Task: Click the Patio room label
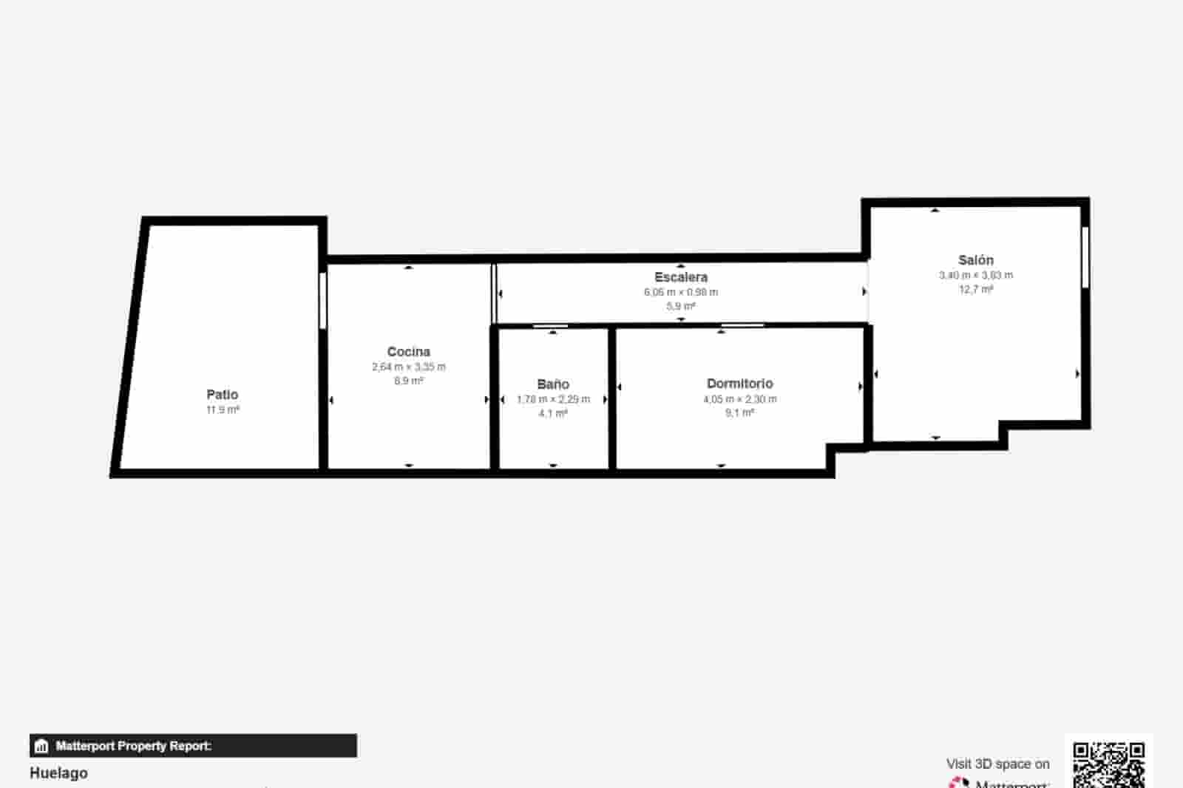[x=222, y=395]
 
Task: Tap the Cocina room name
[x=408, y=352]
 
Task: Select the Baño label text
[x=553, y=384]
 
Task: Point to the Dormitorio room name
[x=739, y=384]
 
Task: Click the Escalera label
[x=680, y=277]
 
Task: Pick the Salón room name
[x=975, y=260]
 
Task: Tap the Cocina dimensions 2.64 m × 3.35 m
[x=408, y=367]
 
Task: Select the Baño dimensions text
[x=553, y=399]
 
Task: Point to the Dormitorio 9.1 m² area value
[x=739, y=413]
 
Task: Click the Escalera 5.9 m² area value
[x=680, y=306]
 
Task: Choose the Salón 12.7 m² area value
[x=975, y=289]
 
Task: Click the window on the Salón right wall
[x=1085, y=257]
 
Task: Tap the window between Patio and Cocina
[x=323, y=300]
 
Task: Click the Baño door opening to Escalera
[x=551, y=325]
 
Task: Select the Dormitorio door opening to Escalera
[x=742, y=325]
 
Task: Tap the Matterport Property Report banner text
[x=133, y=746]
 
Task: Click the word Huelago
[x=58, y=773]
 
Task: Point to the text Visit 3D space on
[x=997, y=764]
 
